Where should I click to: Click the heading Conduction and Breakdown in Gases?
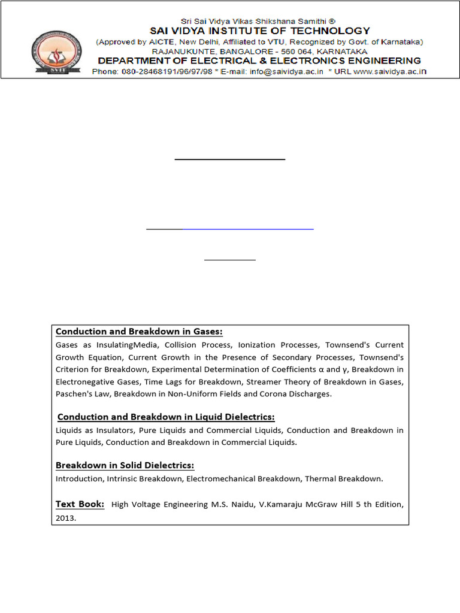coord(139,332)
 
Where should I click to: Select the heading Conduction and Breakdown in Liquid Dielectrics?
coord(166,417)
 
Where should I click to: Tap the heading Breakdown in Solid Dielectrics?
coord(125,465)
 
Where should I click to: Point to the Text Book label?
coord(80,504)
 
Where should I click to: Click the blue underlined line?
coord(248,228)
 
